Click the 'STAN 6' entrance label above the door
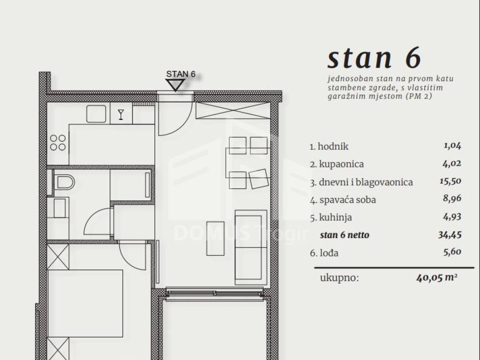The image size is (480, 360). pyautogui.click(x=180, y=74)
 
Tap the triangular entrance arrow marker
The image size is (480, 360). pyautogui.click(x=175, y=85)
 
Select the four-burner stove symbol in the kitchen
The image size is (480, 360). pyautogui.click(x=58, y=142)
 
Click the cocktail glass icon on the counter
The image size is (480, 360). pyautogui.click(x=121, y=114)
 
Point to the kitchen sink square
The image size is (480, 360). pyautogui.click(x=96, y=114)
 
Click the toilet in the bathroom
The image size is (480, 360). pyautogui.click(x=64, y=182)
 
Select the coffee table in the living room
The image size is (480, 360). pyautogui.click(x=215, y=239)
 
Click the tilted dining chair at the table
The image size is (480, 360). pyautogui.click(x=259, y=179)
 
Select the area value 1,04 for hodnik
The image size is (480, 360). pyautogui.click(x=452, y=146)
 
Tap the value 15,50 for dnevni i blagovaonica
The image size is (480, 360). pyautogui.click(x=450, y=181)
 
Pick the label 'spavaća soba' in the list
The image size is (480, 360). pyautogui.click(x=347, y=200)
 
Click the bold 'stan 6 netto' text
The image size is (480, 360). pyautogui.click(x=345, y=235)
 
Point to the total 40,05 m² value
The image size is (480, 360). pyautogui.click(x=437, y=277)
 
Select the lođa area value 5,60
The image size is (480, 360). pyautogui.click(x=452, y=252)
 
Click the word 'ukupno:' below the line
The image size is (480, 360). pyautogui.click(x=339, y=278)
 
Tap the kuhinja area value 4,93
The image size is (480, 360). pyautogui.click(x=452, y=217)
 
